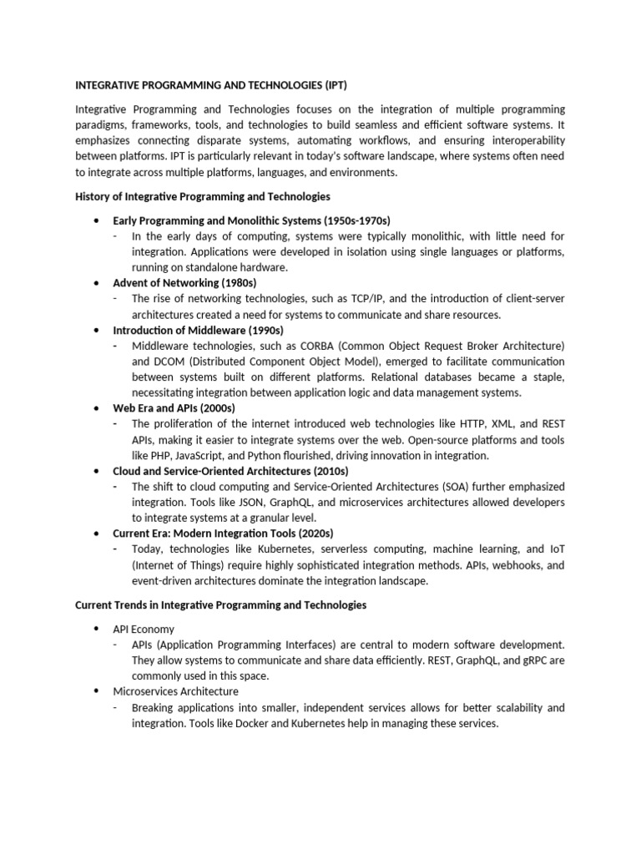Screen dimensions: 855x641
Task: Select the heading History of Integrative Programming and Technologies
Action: (203, 196)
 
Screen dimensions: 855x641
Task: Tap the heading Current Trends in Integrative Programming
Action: (221, 605)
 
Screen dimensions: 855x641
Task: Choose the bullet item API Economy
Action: (144, 629)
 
